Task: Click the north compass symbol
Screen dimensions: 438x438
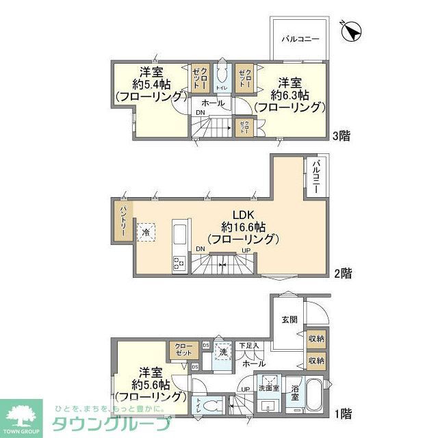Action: tap(350, 31)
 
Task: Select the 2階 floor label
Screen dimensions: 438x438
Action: tap(342, 274)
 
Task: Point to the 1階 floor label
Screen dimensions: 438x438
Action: tap(343, 413)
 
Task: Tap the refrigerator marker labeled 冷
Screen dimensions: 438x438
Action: tap(146, 233)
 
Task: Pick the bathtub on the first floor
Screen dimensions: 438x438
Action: tap(315, 396)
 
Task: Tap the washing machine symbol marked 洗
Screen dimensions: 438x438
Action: tap(222, 352)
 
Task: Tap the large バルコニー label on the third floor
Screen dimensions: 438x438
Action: tap(300, 40)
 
